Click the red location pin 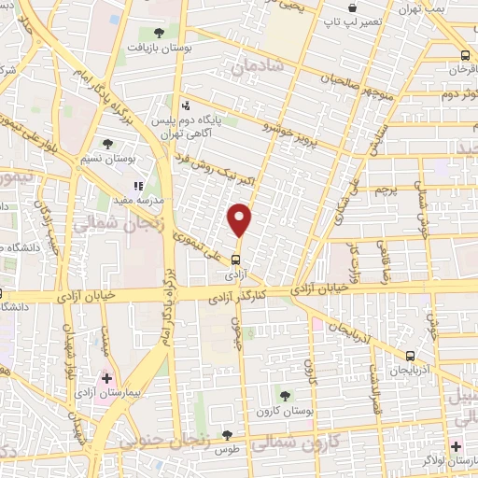240,220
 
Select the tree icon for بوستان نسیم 107,144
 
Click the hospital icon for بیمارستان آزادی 105,379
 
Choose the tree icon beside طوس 227,435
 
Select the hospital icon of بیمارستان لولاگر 456,447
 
